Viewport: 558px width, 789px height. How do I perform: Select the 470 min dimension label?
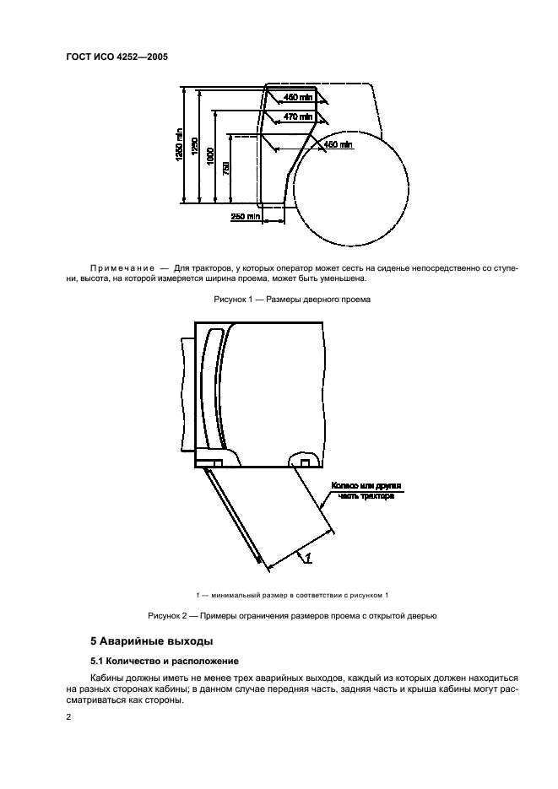[x=296, y=117]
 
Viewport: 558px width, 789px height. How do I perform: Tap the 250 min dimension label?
[x=246, y=217]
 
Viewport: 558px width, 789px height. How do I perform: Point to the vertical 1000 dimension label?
[x=209, y=156]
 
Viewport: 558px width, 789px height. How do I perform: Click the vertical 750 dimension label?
[x=225, y=169]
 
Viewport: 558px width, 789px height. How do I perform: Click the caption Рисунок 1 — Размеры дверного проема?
[x=279, y=300]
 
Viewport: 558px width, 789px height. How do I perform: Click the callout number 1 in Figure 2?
[x=309, y=558]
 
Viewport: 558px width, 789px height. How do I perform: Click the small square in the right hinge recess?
[x=305, y=462]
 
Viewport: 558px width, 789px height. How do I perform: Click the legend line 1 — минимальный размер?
[x=279, y=596]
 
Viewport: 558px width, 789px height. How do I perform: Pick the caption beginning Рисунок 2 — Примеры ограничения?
[x=279, y=615]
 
